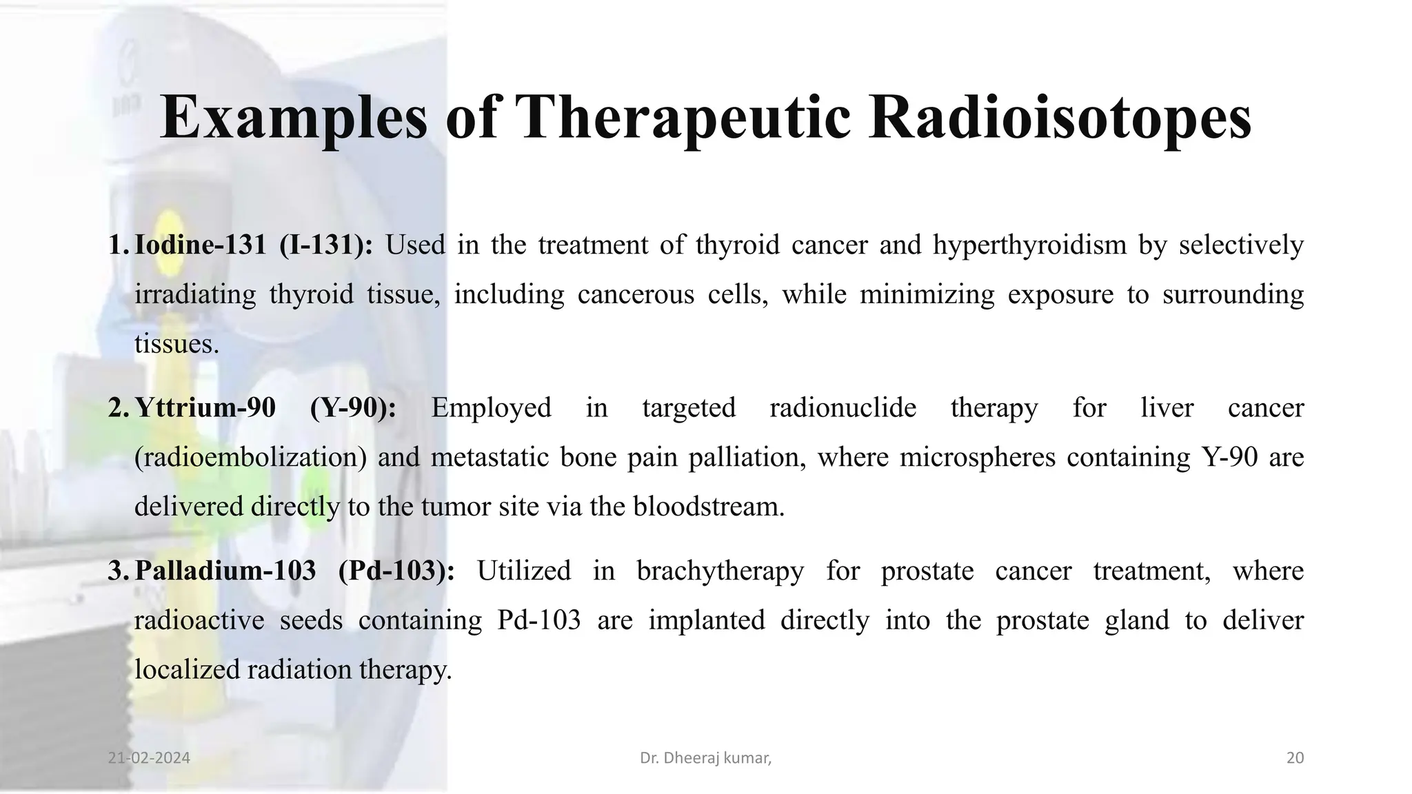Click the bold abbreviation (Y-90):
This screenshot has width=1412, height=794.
click(353, 408)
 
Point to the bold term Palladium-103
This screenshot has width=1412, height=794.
click(225, 571)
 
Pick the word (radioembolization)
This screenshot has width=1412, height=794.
click(250, 458)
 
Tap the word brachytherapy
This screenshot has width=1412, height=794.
click(720, 571)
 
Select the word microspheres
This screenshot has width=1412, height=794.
click(977, 458)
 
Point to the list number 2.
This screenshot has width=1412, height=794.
click(117, 408)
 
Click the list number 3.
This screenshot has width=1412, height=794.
click(117, 571)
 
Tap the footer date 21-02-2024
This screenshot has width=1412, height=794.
click(149, 758)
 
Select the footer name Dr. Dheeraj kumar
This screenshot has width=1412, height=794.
click(705, 758)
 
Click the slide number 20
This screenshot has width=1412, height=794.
click(1295, 758)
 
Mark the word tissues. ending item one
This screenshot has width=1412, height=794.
click(176, 344)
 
